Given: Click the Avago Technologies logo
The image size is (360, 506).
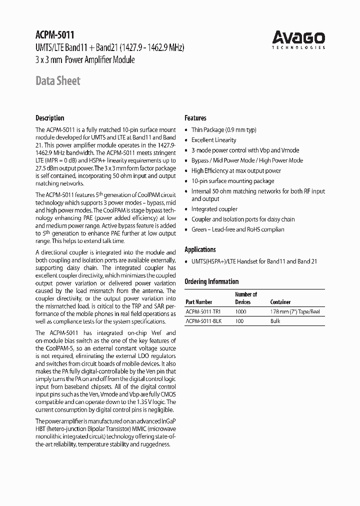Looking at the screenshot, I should [x=298, y=39].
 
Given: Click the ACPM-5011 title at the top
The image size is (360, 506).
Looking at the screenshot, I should [x=54, y=35].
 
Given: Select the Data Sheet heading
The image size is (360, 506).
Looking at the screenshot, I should [x=57, y=81].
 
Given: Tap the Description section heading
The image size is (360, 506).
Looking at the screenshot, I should [x=49, y=118].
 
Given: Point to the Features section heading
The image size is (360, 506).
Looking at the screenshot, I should [x=195, y=118].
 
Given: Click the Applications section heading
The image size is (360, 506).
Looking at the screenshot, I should [x=200, y=249].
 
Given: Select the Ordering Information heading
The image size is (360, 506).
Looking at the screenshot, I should [x=211, y=281].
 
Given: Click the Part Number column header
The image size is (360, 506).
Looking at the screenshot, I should [x=198, y=302].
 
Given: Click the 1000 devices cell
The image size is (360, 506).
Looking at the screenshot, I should [x=240, y=311].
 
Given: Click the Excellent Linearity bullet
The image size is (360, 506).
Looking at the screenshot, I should [x=213, y=140].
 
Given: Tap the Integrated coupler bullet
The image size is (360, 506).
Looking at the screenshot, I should [x=214, y=209].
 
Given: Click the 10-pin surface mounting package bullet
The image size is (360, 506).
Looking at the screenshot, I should [x=232, y=181].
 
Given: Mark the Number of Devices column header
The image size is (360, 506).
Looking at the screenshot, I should [x=246, y=298].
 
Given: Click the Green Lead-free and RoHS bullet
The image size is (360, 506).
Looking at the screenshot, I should [x=237, y=229].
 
